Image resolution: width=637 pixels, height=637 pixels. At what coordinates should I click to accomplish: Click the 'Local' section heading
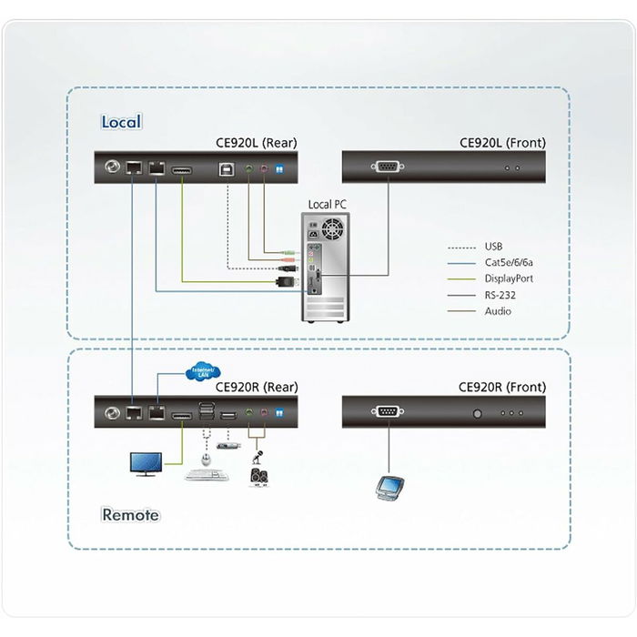click(x=121, y=122)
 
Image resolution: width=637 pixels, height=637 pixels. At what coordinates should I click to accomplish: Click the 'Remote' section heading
click(x=129, y=515)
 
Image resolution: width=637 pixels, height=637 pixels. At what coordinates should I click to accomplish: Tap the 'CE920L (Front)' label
click(x=502, y=143)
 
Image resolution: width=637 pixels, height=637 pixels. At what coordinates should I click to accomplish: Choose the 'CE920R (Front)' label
click(x=502, y=387)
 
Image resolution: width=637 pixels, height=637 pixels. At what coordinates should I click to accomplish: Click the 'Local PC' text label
click(x=327, y=205)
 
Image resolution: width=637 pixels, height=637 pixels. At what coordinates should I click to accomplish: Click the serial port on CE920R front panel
click(x=388, y=411)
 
